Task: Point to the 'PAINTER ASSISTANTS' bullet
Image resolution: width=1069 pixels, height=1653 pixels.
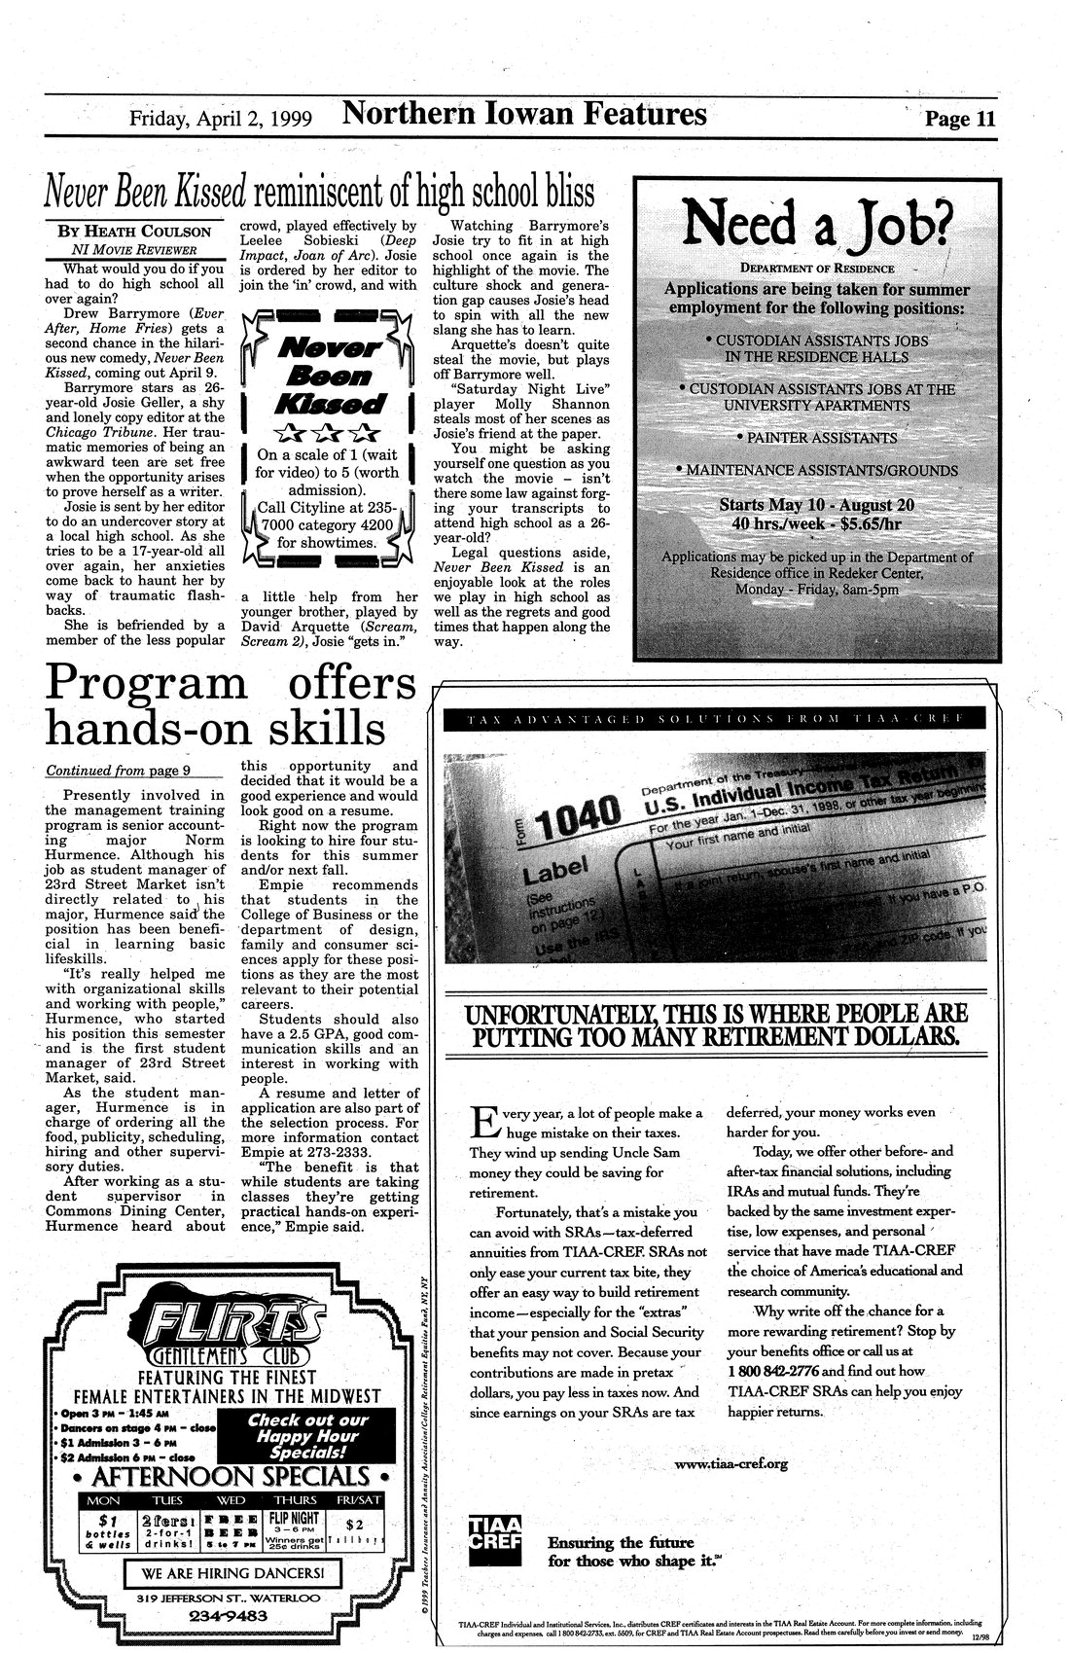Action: (x=817, y=438)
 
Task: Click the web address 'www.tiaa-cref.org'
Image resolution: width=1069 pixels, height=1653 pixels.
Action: (x=730, y=1462)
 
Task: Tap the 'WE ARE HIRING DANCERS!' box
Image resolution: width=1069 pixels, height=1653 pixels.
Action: (x=232, y=1572)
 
